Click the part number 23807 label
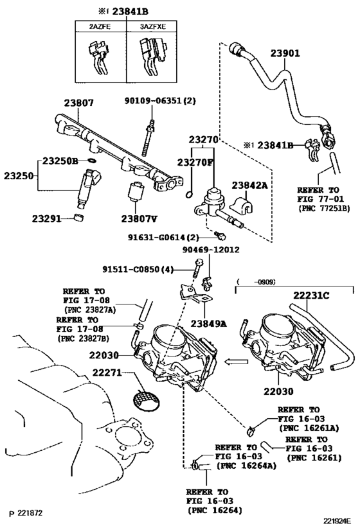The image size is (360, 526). pos(79,103)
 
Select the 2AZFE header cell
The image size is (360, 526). pos(100,26)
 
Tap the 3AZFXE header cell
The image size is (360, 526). pos(152,26)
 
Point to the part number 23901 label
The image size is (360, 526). pos(285,53)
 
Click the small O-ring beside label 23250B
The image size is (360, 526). pos(92,160)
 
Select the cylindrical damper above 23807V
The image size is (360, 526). pos(136,190)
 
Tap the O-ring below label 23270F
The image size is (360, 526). pos(190,194)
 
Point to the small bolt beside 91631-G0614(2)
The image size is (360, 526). pos(221,236)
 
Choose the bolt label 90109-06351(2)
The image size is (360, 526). pos(160,100)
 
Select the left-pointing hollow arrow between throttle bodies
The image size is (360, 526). pos(236,362)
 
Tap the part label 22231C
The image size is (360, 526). pos(311,295)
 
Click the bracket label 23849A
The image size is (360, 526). pos(209,324)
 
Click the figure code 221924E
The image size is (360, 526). pos(337,521)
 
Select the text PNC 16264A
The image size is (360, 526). pos(246,466)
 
